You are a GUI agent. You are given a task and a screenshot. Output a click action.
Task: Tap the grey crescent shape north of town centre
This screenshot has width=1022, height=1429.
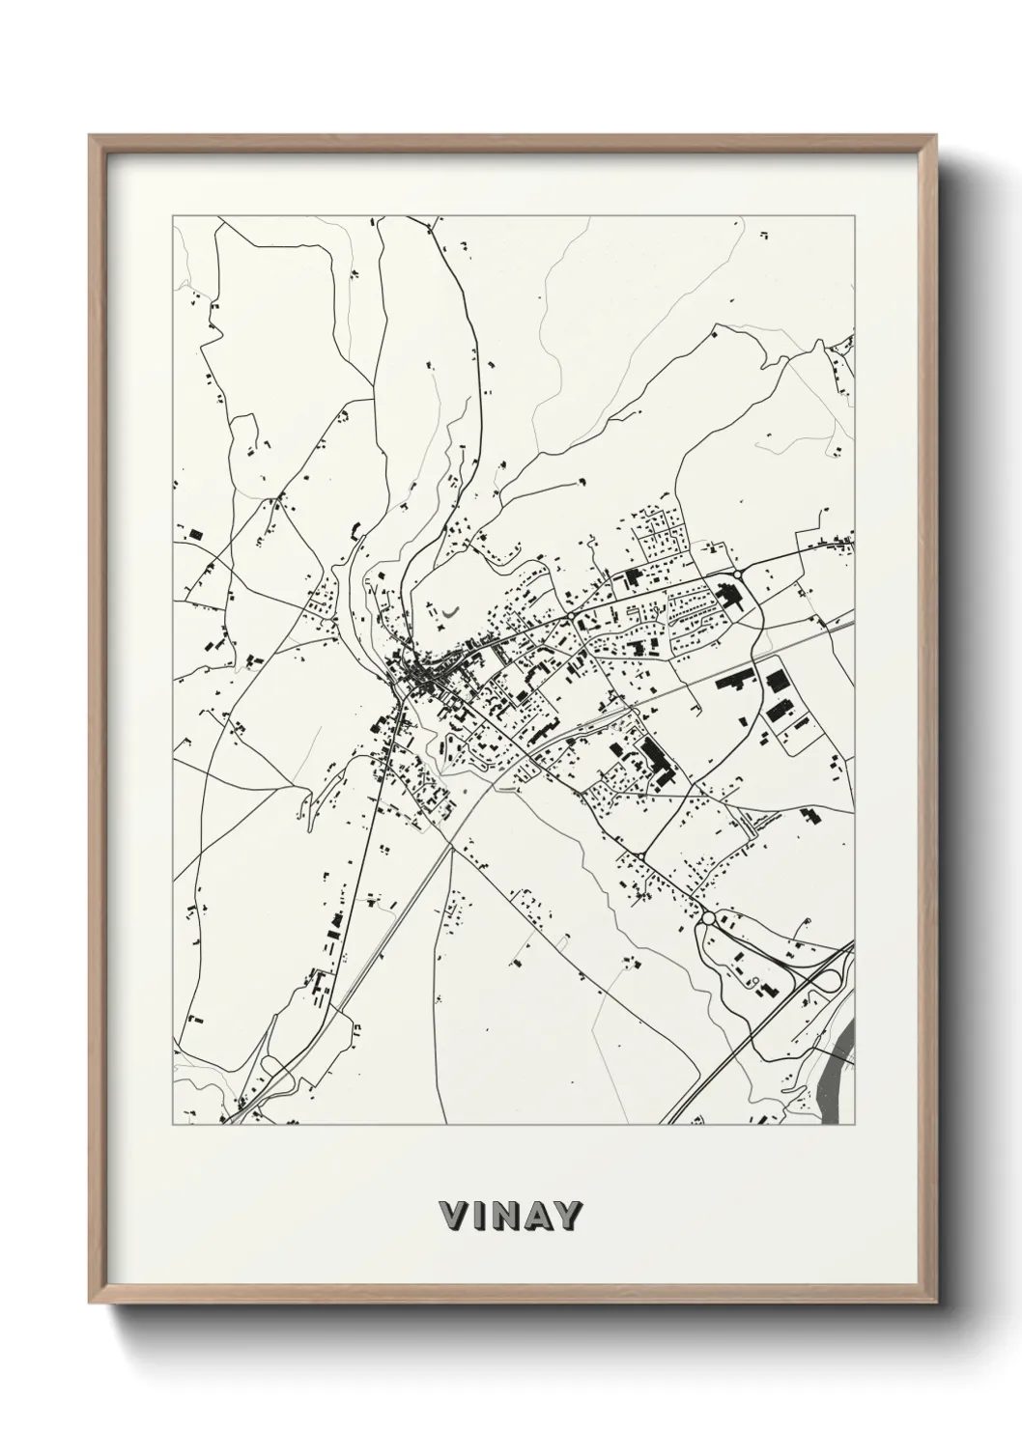coord(451,611)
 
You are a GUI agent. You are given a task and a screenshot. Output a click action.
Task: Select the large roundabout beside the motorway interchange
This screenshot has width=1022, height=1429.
coord(709,918)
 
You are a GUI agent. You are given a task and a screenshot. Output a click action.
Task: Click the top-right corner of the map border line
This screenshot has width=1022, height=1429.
coord(855,216)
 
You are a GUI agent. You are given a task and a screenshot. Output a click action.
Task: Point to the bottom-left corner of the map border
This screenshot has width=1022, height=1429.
coord(173,1125)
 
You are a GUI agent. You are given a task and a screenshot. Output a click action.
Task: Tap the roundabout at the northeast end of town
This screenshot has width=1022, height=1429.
coord(739,574)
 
